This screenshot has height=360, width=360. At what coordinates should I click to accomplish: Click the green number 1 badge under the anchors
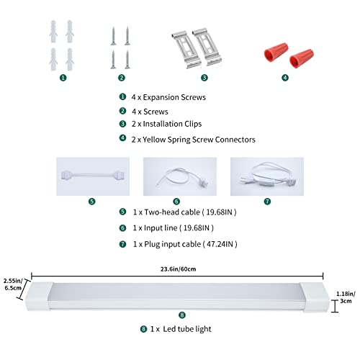pyautogui.click(x=63, y=78)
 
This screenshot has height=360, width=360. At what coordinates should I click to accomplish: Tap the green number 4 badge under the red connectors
pyautogui.click(x=285, y=78)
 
